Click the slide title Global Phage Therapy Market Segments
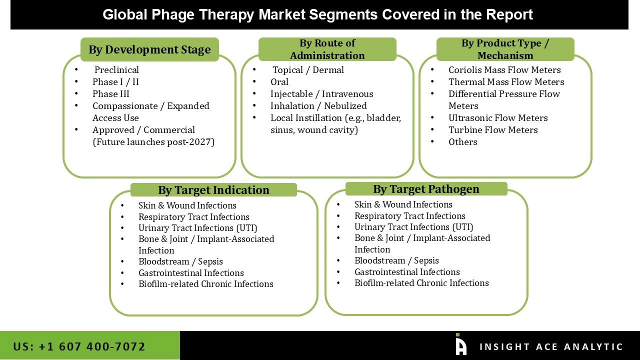click(318, 14)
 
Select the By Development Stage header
click(149, 49)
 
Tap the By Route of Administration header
click(327, 49)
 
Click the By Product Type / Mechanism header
click(505, 49)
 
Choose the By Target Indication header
click(213, 190)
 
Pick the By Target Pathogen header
click(426, 189)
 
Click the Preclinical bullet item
click(116, 70)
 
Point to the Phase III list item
click(110, 94)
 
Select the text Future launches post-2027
click(153, 142)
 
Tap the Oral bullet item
click(279, 82)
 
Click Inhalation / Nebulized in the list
click(318, 106)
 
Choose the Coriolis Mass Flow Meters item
click(504, 70)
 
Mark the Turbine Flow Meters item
click(493, 130)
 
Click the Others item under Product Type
click(462, 142)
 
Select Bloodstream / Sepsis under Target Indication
click(180, 261)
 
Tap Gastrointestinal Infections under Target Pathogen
click(407, 272)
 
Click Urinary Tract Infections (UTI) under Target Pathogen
click(413, 227)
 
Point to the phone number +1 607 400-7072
click(79, 346)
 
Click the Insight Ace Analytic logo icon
click(460, 345)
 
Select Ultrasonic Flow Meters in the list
click(498, 118)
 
